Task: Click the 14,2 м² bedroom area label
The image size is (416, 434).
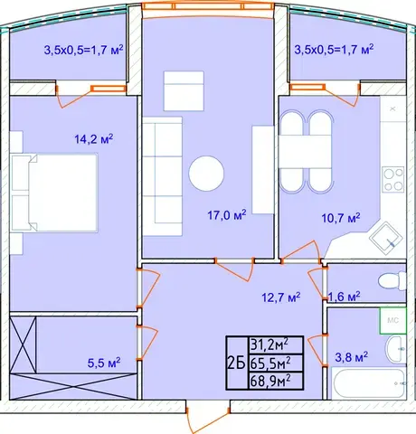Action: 94,139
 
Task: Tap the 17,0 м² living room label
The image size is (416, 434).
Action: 227,215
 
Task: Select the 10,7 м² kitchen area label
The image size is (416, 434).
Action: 341,218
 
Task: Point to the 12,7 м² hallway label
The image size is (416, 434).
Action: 281,297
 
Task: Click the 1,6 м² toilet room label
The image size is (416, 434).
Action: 344,297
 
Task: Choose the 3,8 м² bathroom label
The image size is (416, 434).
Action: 352,357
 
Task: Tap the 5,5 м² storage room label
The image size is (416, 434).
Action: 104,363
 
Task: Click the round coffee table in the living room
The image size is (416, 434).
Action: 206,174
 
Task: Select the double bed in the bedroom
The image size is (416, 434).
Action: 54,193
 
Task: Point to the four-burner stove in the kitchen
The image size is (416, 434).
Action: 393,180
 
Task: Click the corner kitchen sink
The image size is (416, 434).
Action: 386,238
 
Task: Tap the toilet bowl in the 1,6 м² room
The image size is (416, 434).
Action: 392,281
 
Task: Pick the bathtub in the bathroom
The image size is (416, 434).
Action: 369,383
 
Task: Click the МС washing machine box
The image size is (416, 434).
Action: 392,320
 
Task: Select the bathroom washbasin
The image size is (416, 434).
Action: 395,349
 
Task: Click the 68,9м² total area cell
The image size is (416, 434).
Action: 270,382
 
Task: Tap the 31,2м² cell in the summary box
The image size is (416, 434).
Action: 269,345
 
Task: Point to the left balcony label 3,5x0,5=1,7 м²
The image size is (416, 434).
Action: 83,50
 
